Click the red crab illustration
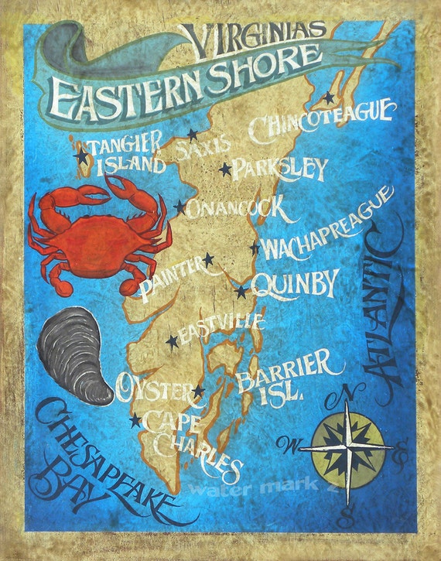click(97, 232)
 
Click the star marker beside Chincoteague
click(328, 98)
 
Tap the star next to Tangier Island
click(80, 156)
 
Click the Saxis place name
click(203, 145)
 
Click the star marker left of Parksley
click(225, 168)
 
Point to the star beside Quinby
click(241, 292)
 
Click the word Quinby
click(294, 285)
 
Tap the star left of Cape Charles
click(136, 421)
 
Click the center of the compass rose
click(346, 446)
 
